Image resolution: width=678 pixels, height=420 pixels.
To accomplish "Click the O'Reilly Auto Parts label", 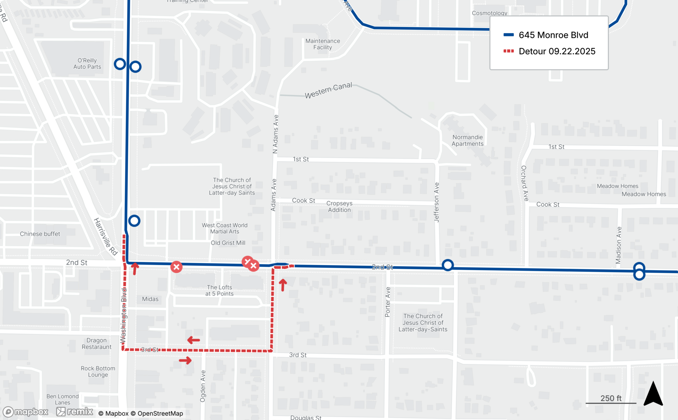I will tap(87, 64).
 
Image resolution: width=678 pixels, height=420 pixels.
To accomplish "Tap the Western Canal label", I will tap(328, 90).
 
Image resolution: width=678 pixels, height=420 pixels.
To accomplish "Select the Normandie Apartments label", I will tap(467, 141).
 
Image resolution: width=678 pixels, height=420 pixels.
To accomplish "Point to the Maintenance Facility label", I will tap(322, 44).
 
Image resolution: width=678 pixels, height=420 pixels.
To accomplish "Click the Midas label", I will tap(150, 299).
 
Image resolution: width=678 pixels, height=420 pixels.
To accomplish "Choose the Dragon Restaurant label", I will tap(97, 343).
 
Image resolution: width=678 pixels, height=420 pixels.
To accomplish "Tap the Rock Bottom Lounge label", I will tap(98, 372).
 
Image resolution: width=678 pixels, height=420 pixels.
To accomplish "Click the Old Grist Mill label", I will tap(228, 243).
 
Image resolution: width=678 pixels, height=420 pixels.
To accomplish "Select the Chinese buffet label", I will tap(40, 234).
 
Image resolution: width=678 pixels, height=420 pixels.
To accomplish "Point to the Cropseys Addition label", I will tap(339, 207).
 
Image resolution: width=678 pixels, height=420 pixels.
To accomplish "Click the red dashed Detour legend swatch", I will tap(509, 51).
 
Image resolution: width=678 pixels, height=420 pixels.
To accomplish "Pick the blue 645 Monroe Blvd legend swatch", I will tap(509, 35).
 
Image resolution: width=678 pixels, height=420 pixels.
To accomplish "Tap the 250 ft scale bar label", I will tap(611, 398).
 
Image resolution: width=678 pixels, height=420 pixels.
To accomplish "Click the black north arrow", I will tap(653, 394).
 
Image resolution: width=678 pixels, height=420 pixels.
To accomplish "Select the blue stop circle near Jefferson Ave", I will tap(448, 265).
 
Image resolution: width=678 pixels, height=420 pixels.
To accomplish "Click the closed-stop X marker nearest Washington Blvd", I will tap(176, 267).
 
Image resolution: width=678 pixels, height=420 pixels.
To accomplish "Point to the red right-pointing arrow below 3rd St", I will tap(185, 360).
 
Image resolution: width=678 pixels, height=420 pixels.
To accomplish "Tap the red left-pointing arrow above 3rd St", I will tap(194, 340).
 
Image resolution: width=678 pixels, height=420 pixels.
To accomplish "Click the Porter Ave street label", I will tap(388, 302).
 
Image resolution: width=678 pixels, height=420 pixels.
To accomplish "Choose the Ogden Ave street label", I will tap(203, 386).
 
